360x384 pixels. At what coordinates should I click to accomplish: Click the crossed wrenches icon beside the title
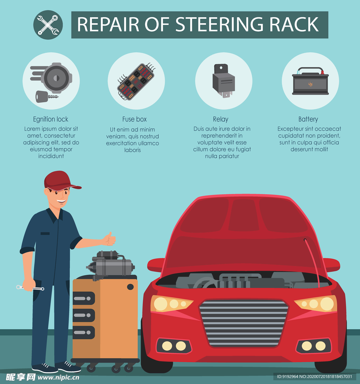click(x=48, y=25)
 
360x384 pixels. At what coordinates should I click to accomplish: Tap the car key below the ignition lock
click(x=47, y=96)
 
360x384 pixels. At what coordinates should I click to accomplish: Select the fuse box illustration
click(x=136, y=81)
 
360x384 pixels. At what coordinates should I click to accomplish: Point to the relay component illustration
click(x=223, y=81)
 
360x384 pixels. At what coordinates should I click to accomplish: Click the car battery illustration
click(x=310, y=81)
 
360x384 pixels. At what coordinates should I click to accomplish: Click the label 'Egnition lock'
click(x=51, y=119)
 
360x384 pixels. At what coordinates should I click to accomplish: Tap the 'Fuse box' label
click(x=135, y=119)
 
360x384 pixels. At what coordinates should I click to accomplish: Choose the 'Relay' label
click(x=220, y=119)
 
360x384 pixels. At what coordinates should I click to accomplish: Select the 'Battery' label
click(x=308, y=119)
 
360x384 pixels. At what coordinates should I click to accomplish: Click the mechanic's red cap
click(x=60, y=181)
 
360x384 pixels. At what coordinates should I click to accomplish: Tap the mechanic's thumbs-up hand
click(x=109, y=239)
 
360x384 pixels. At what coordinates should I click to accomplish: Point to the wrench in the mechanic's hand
click(x=30, y=288)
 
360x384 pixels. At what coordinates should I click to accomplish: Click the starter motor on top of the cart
click(x=110, y=265)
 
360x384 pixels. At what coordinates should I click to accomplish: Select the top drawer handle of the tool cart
click(x=84, y=298)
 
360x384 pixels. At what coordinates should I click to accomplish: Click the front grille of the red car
click(x=244, y=323)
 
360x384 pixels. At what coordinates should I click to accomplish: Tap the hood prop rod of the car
click(x=312, y=262)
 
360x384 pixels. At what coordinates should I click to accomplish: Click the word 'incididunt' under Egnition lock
click(x=51, y=156)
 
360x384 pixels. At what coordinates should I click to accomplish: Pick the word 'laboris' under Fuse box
click(x=132, y=150)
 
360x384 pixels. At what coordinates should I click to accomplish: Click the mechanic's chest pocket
click(x=45, y=233)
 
